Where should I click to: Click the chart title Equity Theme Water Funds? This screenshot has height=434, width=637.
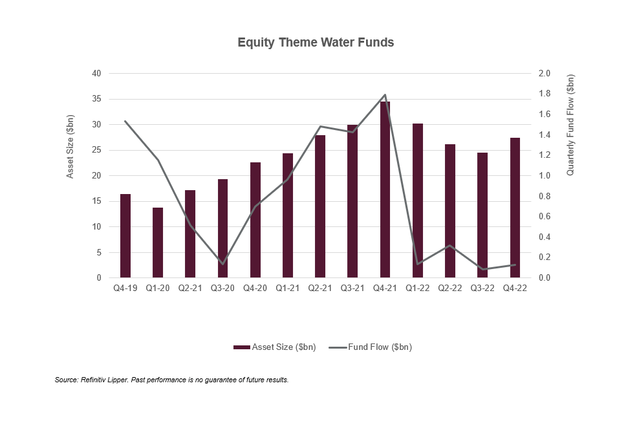pyautogui.click(x=316, y=43)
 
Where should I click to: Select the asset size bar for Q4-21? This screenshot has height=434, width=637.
pyautogui.click(x=385, y=190)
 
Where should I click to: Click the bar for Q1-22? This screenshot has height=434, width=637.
pyautogui.click(x=417, y=201)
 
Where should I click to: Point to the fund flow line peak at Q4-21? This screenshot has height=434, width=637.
pyautogui.click(x=385, y=95)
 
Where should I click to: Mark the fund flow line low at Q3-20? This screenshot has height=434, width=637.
pyautogui.click(x=222, y=264)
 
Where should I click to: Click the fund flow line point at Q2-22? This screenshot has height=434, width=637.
pyautogui.click(x=449, y=246)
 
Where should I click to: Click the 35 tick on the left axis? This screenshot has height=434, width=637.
pyautogui.click(x=96, y=99)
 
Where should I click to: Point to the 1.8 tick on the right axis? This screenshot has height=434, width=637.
pyautogui.click(x=545, y=94)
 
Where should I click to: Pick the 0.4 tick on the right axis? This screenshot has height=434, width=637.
pyautogui.click(x=545, y=237)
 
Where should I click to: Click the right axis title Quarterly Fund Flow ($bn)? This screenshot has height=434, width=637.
pyautogui.click(x=570, y=125)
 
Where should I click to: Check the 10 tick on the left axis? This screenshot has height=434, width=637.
pyautogui.click(x=96, y=227)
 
